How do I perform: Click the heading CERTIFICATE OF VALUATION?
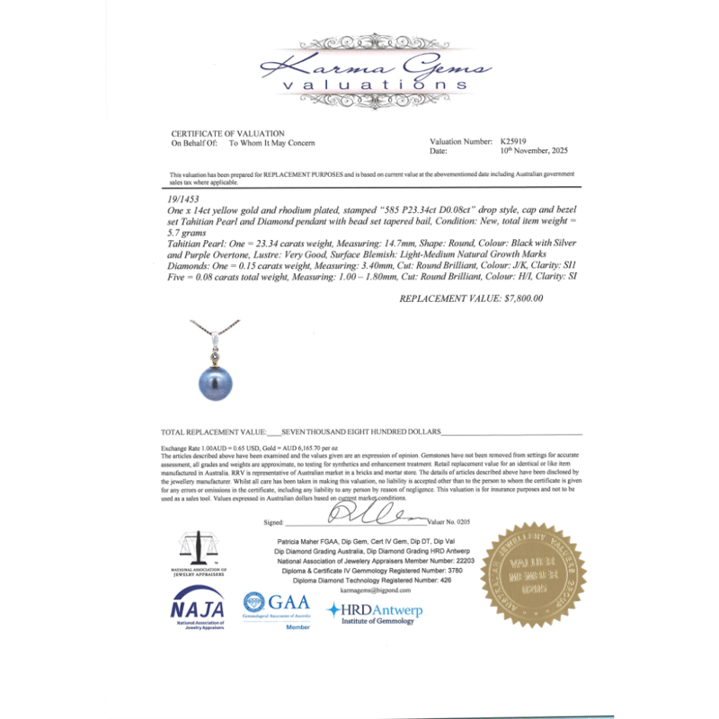pos(227,134)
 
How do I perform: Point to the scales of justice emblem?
pos(199,550)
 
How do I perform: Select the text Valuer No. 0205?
pos(449,521)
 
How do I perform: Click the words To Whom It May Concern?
pos(272,143)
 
